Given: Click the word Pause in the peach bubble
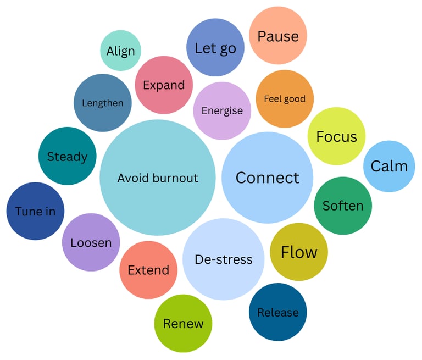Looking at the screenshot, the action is click(278, 36).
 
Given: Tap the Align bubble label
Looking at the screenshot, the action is click(120, 51).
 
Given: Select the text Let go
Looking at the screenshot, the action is click(215, 48).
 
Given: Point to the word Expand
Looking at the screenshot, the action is click(164, 85).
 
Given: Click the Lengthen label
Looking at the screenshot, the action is click(103, 103).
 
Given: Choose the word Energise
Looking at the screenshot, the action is click(222, 110).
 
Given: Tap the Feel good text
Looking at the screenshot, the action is click(285, 99).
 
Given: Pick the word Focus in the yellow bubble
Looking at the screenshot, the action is click(336, 136).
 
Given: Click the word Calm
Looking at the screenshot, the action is click(389, 166).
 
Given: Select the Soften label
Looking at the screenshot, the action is click(343, 206).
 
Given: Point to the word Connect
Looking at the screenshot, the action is click(268, 178).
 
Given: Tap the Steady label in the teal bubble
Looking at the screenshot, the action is click(67, 157).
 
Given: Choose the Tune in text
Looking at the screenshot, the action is click(35, 211).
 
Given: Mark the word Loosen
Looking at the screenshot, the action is click(91, 242).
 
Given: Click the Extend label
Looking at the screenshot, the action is click(148, 270).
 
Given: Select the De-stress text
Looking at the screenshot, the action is click(224, 259).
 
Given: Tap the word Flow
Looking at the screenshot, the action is click(299, 252).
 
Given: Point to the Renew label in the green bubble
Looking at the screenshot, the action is click(183, 323).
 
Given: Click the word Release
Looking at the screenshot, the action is click(278, 312).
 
